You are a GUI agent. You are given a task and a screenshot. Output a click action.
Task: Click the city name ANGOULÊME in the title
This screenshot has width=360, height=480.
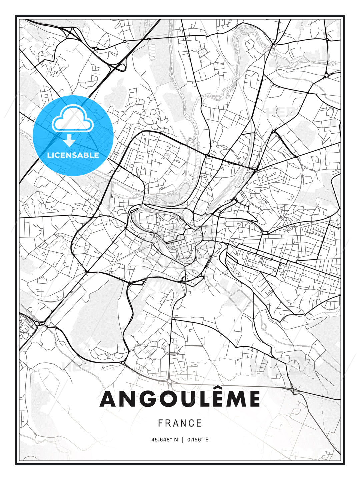tap(180, 399)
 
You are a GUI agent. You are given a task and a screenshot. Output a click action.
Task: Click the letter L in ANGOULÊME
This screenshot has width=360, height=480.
tap(200, 399)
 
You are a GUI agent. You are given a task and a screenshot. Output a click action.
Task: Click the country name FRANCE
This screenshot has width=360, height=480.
tap(180, 423)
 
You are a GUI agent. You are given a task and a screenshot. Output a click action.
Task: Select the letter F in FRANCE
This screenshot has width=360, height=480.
tap(160, 423)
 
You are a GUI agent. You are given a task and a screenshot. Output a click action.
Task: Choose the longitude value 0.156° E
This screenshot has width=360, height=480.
tap(198, 440)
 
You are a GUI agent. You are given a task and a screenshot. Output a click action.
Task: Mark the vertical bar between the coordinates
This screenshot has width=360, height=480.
tap(182, 440)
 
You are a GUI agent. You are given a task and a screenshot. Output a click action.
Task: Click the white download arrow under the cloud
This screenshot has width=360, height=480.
tap(69, 141)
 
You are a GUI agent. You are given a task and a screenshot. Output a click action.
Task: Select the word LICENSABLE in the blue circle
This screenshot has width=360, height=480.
tap(73, 155)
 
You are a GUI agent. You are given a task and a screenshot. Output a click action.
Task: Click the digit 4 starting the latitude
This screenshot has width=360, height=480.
tap(153, 440)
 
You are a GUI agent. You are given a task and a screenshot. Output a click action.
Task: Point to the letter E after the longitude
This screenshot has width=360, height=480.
tap(207, 440)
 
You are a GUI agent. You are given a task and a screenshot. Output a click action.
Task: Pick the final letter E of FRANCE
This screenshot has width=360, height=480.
tap(200, 423)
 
